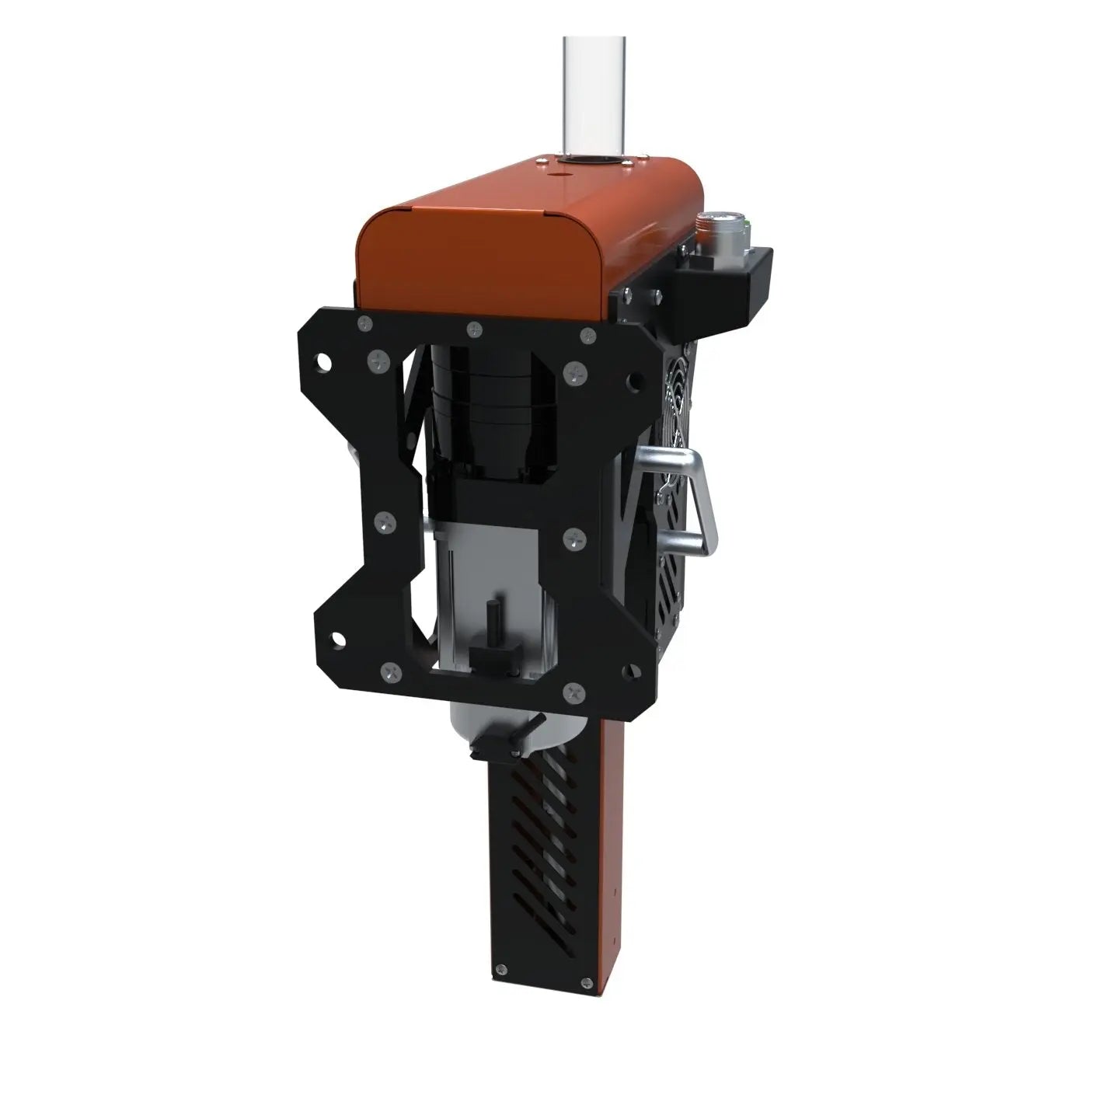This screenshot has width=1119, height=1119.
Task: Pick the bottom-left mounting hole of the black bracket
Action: coord(339,640)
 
